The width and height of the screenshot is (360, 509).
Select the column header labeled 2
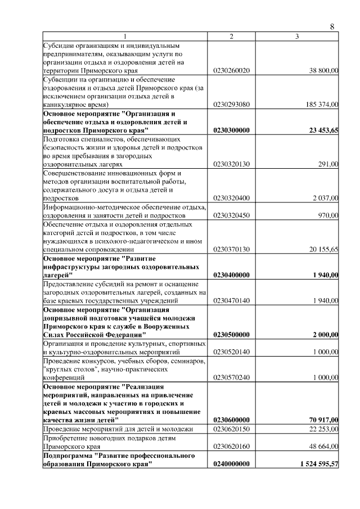pyautogui.click(x=231, y=37)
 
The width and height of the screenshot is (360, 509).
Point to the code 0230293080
pyautogui.click(x=231, y=105)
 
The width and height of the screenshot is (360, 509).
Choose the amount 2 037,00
pyautogui.click(x=326, y=197)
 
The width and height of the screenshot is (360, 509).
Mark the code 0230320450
pyautogui.click(x=231, y=215)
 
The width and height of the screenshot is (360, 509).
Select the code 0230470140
pyautogui.click(x=231, y=301)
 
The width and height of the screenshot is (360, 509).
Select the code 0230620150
pyautogui.click(x=231, y=429)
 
